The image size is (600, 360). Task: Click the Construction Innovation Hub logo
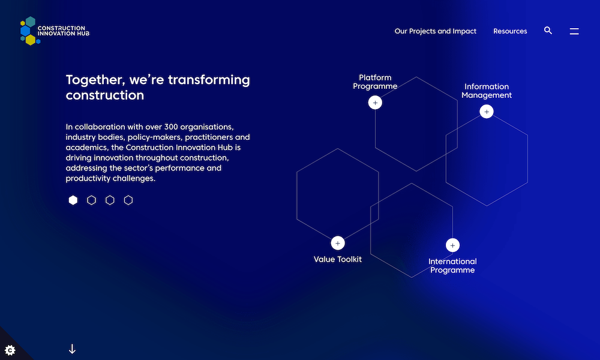55,31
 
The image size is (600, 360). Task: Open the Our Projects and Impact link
436,31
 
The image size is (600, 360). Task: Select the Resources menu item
510,31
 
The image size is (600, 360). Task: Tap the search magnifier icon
548,31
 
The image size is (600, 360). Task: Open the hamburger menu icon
574,31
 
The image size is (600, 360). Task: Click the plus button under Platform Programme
375,103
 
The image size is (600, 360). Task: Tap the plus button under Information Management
487,112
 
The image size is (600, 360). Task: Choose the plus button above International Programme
452,245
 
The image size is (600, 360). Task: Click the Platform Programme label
375,82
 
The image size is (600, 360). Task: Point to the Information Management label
487,91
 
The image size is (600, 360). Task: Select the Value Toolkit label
337,259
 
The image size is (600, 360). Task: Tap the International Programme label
452,266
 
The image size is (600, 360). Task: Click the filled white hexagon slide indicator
73,200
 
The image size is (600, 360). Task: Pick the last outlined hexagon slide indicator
128,200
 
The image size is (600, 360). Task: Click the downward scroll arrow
72,349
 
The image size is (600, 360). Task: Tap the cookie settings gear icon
10,350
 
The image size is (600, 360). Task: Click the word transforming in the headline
209,80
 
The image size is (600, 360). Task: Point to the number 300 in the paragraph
170,127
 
